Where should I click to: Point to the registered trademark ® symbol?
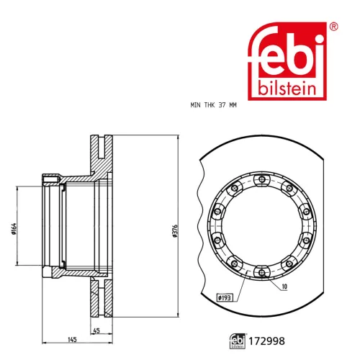[x=333, y=27]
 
